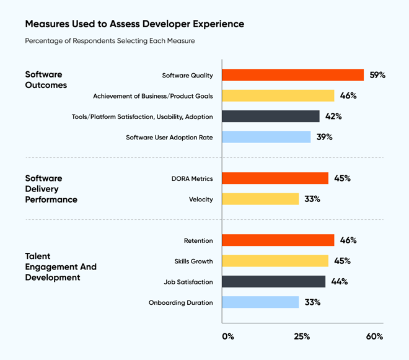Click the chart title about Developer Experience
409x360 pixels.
134,24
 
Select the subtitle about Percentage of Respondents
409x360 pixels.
110,41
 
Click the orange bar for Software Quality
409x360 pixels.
292,75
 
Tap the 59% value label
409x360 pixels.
377,75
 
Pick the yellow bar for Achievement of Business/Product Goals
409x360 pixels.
278,95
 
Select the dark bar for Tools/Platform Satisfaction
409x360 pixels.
271,116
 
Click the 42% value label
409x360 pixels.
333,116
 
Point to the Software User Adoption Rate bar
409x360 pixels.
266,137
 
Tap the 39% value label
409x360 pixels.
324,137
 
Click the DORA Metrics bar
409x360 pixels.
275,178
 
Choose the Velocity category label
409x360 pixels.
201,200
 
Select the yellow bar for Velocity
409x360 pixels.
260,199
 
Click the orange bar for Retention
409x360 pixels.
278,240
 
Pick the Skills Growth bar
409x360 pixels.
275,261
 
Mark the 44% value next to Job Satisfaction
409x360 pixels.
339,282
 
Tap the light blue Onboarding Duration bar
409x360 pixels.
260,302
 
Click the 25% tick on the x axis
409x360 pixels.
302,336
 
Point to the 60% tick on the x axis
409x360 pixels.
374,336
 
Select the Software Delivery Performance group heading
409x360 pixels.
51,189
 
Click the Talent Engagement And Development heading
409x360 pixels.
61,266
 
